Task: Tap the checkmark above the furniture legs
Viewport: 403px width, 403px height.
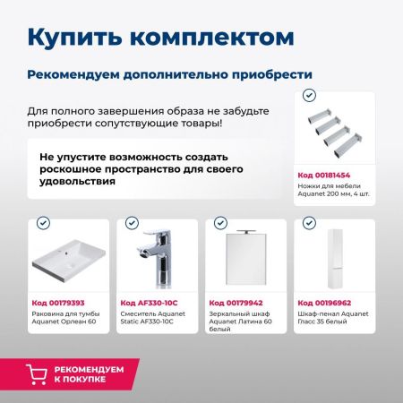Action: tap(309, 94)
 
